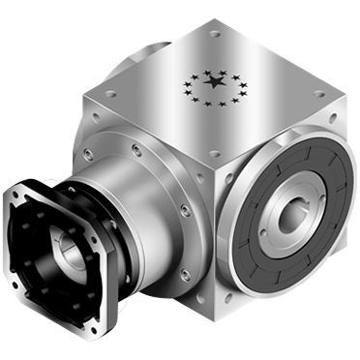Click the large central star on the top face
[x=212, y=84]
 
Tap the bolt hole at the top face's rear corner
[x=215, y=34]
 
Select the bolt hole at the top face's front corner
[x=215, y=154]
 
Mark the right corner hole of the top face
[x=318, y=94]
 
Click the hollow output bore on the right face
[x=289, y=217]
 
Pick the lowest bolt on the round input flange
[x=184, y=275]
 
